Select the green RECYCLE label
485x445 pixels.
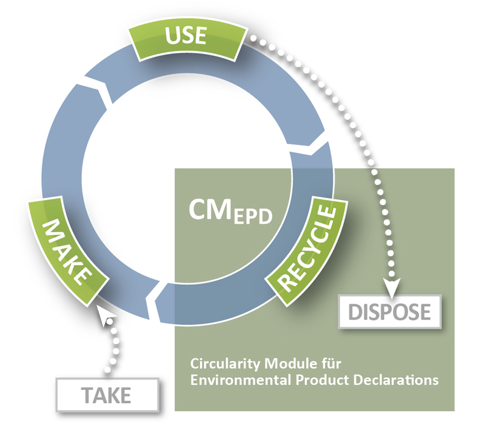(x=307, y=247)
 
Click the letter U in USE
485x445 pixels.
(x=171, y=37)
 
